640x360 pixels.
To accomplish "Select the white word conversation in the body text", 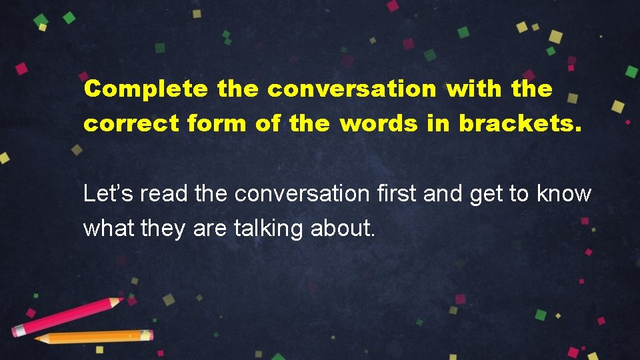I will (x=302, y=194).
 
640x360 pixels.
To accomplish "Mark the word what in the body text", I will (x=109, y=229).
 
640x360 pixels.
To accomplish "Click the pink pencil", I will (x=67, y=317).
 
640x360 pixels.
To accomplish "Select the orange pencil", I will (x=93, y=337).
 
